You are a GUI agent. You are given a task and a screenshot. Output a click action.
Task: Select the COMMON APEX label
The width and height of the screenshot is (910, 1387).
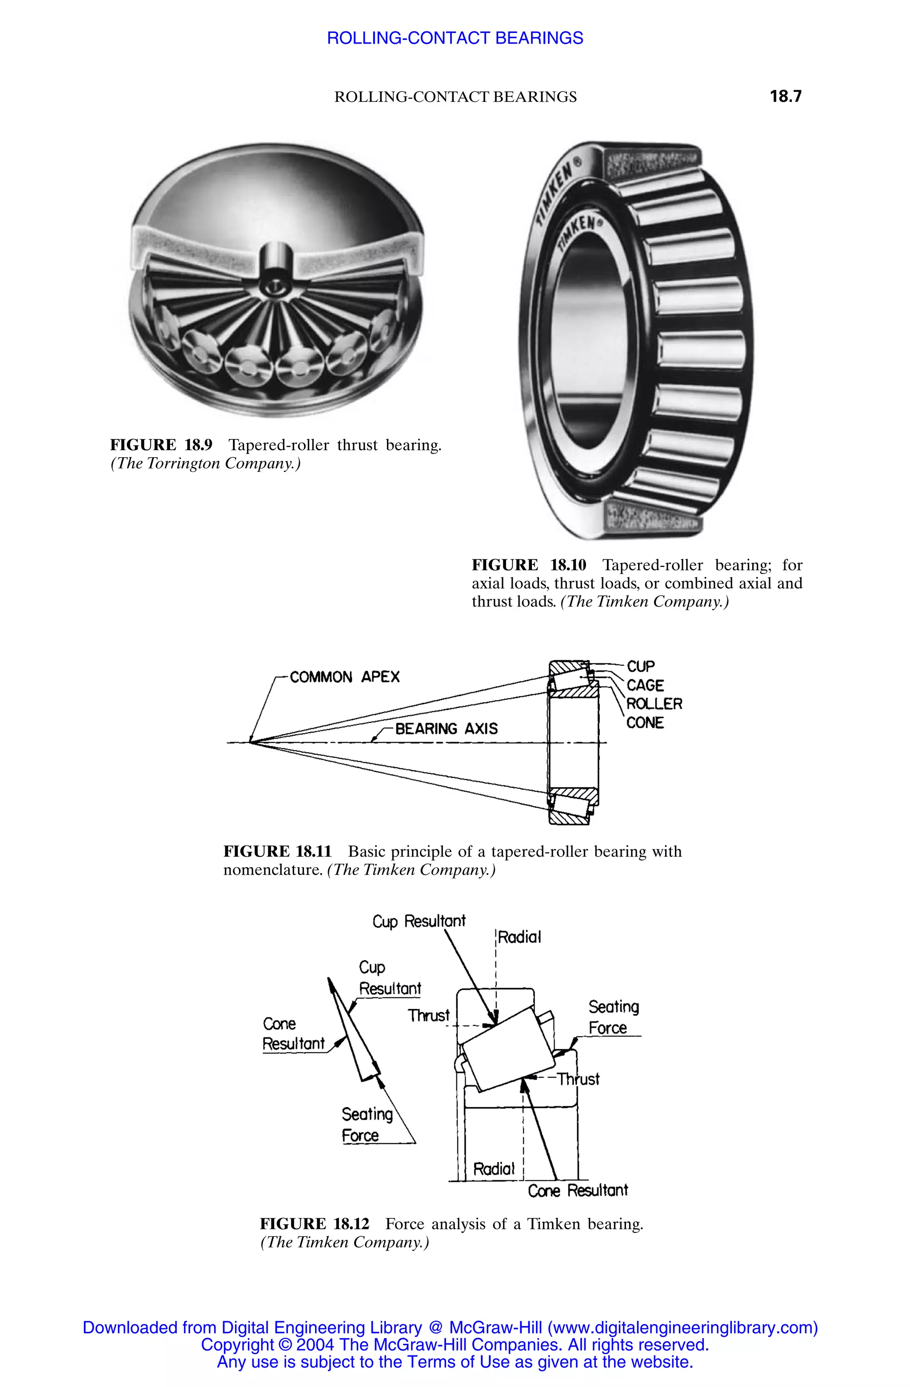tap(344, 677)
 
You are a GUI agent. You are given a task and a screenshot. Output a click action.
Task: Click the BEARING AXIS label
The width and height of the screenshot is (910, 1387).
tap(446, 729)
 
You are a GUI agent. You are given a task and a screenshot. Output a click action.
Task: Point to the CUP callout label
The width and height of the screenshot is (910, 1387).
tap(641, 666)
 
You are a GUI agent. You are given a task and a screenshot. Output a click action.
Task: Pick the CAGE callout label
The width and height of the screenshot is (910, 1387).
tap(645, 686)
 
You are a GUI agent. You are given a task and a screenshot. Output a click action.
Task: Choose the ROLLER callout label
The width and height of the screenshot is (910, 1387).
tap(654, 704)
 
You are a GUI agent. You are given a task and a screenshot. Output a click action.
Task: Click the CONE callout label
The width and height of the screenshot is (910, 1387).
tap(645, 723)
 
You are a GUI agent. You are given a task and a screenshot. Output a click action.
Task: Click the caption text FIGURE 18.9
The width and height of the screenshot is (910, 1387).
tap(161, 445)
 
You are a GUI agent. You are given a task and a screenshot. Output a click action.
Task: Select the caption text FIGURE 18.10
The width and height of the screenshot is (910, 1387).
tap(529, 565)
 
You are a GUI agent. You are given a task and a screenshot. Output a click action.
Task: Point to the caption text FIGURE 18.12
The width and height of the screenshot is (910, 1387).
tap(314, 1224)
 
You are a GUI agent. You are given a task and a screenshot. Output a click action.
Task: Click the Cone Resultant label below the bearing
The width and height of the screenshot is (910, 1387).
tap(578, 1190)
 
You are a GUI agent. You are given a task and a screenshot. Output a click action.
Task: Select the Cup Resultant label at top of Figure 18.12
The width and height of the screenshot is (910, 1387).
tap(419, 921)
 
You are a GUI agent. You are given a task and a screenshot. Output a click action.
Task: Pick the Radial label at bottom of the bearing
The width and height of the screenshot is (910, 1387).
tap(493, 1169)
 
